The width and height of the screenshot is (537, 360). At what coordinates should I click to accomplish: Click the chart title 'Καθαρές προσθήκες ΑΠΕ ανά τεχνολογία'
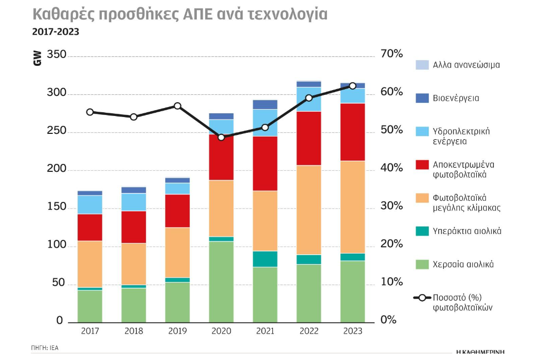point(179,14)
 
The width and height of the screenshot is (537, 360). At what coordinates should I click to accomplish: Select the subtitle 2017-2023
point(55,32)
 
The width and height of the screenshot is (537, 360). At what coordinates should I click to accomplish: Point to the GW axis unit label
point(37,59)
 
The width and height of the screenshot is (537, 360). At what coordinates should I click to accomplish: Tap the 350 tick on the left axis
point(56,55)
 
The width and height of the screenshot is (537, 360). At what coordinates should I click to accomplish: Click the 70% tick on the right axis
point(392,54)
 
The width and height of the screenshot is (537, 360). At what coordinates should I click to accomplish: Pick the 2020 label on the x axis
point(221,331)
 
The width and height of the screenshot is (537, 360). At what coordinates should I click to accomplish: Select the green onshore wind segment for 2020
point(221,281)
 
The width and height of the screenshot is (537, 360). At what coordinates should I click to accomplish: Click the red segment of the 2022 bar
point(309,138)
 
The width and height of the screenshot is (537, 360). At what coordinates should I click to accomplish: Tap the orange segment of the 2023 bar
point(352,207)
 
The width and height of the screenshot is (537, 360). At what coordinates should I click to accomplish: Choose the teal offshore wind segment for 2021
point(265,259)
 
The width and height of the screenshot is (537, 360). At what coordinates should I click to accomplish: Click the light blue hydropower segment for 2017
point(90,205)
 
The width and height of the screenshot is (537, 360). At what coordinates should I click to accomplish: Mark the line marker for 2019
point(178,106)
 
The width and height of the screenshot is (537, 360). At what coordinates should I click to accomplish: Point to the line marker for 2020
point(221,137)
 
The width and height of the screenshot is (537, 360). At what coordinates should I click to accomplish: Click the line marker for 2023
point(353,86)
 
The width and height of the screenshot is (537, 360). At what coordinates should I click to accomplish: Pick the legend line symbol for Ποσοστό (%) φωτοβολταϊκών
point(422,298)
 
